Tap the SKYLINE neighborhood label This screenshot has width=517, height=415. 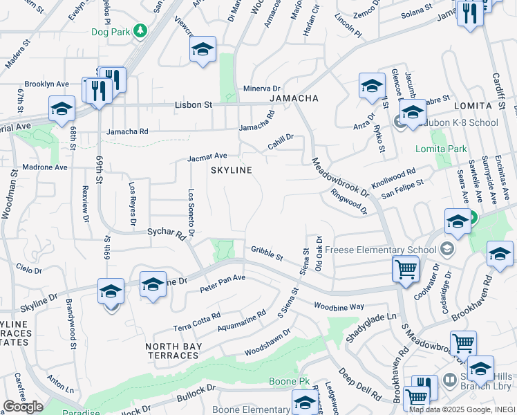(x=230, y=169)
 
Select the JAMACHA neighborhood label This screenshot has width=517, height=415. (x=294, y=99)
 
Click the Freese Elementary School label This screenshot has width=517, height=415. (x=380, y=250)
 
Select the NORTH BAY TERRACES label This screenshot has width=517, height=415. (x=173, y=351)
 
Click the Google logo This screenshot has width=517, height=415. (x=23, y=407)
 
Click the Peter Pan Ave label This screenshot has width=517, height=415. (x=223, y=282)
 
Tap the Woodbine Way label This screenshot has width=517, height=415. (x=338, y=306)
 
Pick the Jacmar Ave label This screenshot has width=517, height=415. (x=207, y=158)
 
